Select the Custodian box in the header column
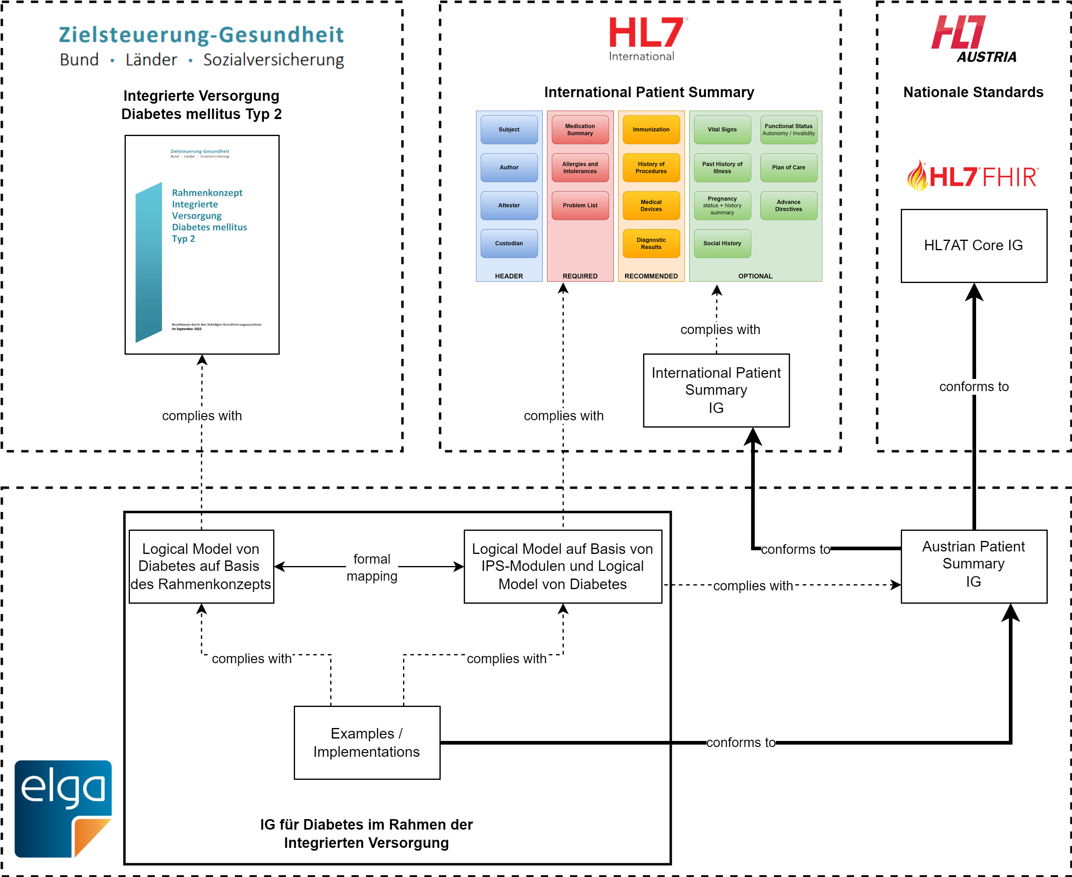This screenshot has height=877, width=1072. [x=509, y=243]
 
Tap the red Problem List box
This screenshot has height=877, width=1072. [x=580, y=206]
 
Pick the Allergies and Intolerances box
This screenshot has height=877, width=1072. [x=580, y=168]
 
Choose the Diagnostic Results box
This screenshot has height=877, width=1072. [x=652, y=243]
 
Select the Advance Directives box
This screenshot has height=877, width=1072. [x=788, y=206]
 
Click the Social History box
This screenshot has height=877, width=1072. [x=722, y=243]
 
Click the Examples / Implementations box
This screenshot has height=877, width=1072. [x=367, y=743]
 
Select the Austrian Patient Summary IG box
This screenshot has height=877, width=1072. [x=974, y=566]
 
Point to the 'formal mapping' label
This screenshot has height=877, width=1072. [x=372, y=567]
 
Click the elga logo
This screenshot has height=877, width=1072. [x=63, y=808]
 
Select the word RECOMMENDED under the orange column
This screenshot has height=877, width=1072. [x=652, y=276]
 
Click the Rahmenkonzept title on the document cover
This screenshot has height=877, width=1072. [x=209, y=216]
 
